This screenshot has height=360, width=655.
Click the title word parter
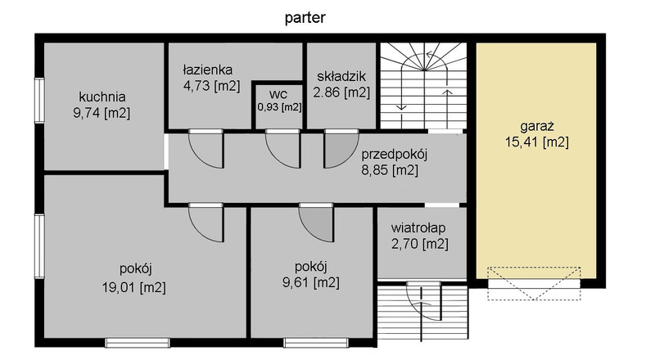(x=305, y=18)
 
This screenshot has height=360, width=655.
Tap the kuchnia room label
(x=102, y=97)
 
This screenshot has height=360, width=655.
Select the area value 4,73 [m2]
(x=212, y=86)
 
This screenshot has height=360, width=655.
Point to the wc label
(x=278, y=93)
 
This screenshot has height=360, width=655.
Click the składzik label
(x=341, y=76)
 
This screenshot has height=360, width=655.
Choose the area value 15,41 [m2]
(x=537, y=142)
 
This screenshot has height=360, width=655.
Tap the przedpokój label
(x=395, y=155)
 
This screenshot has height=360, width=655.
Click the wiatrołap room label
(x=418, y=228)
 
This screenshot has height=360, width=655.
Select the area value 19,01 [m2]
(x=134, y=287)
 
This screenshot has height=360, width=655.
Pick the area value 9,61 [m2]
(x=311, y=282)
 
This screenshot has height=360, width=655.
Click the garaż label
(x=537, y=126)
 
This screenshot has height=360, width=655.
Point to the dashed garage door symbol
(x=535, y=283)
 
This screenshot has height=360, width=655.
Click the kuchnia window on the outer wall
(x=39, y=101)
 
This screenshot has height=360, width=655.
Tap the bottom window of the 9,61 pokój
(x=316, y=343)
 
